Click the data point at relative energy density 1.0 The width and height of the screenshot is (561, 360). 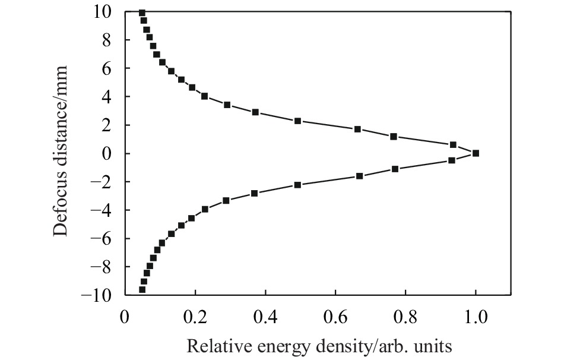[476, 153]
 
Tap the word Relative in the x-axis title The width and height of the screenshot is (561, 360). [211, 345]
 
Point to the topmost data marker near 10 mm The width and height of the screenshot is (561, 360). [142, 12]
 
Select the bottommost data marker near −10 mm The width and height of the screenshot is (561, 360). [142, 289]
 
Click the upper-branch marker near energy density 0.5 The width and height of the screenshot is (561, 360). [297, 121]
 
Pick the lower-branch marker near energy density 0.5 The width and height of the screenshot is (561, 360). [297, 185]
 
